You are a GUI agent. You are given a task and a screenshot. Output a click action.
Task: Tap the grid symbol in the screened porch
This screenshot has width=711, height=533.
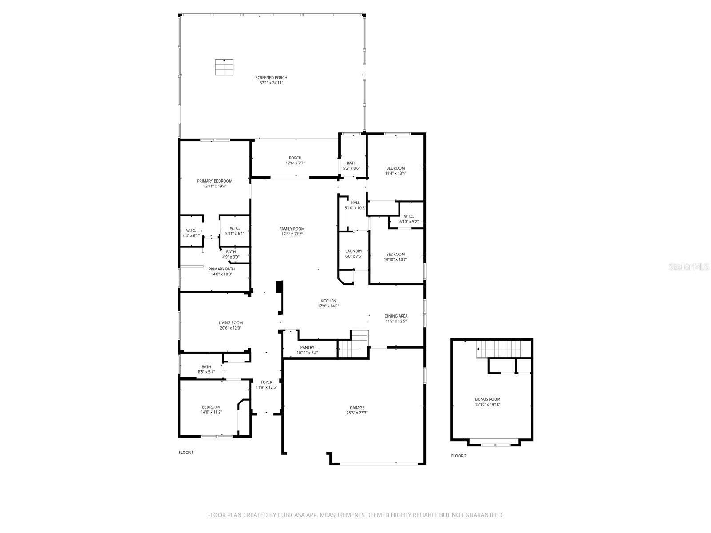pyautogui.click(x=224, y=67)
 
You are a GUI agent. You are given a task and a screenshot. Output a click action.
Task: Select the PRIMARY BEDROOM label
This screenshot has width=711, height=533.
pyautogui.click(x=215, y=181)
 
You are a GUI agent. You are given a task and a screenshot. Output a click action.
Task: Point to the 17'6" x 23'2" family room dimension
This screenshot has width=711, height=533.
pyautogui.click(x=292, y=234)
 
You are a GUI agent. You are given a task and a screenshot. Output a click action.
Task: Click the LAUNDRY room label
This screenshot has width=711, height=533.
pyautogui.click(x=354, y=251)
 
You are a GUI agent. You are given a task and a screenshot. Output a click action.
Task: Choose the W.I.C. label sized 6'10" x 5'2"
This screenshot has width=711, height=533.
pyautogui.click(x=409, y=216)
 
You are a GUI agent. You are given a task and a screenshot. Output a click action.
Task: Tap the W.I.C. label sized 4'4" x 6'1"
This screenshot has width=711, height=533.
pyautogui.click(x=191, y=230)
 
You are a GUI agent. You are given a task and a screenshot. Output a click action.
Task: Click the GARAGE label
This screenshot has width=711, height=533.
pyautogui.click(x=357, y=408)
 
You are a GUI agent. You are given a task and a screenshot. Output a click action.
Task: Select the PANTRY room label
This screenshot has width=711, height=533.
pyautogui.click(x=307, y=347)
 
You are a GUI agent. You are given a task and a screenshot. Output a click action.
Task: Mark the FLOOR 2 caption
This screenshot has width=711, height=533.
pyautogui.click(x=459, y=456)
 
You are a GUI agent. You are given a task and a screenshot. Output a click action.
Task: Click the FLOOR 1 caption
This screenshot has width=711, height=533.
pyautogui.click(x=186, y=453)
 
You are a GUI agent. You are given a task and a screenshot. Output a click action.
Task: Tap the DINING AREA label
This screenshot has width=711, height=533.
pyautogui.click(x=396, y=316)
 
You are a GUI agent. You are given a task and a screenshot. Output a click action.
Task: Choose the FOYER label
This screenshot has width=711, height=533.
pyautogui.click(x=266, y=382)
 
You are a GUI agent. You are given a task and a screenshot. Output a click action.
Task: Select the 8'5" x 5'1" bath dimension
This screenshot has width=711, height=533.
pyautogui.click(x=206, y=372)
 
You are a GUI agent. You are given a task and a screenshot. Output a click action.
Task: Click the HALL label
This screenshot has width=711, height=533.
pyautogui.click(x=355, y=203)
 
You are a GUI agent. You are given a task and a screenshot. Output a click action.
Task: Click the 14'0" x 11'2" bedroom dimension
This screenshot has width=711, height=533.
pyautogui.click(x=211, y=412)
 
